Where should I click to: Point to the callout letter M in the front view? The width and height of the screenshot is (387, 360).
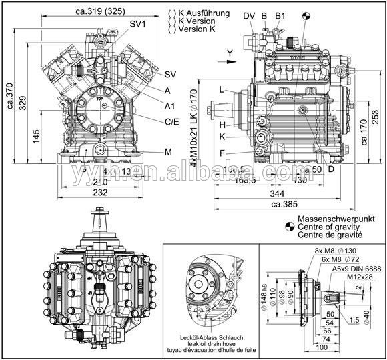coord(168,151)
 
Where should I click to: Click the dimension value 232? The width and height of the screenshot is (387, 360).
coord(99,193)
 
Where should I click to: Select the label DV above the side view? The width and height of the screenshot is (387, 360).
coord(248,15)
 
